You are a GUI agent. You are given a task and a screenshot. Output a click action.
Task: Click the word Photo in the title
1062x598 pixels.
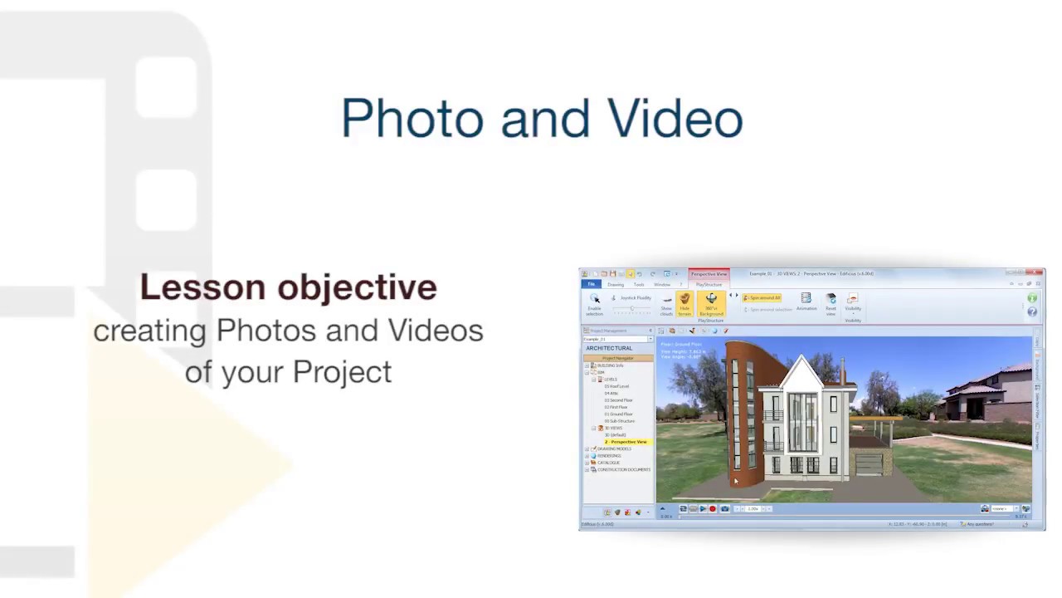pyautogui.click(x=412, y=119)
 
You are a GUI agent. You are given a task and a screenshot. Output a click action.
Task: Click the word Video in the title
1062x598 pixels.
pyautogui.click(x=675, y=119)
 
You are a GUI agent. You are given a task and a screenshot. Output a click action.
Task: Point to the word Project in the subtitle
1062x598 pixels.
pyautogui.click(x=341, y=371)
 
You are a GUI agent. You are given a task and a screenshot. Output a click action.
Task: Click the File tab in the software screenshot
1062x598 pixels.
pyautogui.click(x=592, y=285)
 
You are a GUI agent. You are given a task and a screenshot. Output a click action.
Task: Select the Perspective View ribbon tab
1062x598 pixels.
pyautogui.click(x=709, y=273)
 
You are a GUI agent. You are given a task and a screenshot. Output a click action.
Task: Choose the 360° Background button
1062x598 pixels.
pyautogui.click(x=711, y=304)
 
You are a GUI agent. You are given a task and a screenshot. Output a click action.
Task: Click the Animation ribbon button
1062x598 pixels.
pyautogui.click(x=806, y=301)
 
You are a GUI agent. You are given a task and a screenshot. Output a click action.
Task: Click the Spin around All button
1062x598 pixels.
pyautogui.click(x=762, y=297)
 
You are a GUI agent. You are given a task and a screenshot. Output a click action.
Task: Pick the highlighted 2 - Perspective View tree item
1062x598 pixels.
pyautogui.click(x=627, y=442)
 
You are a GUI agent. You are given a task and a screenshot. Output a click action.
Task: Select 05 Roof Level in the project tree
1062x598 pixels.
pyautogui.click(x=616, y=386)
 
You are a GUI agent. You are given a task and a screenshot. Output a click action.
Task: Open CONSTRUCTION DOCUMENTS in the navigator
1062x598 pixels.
pyautogui.click(x=623, y=470)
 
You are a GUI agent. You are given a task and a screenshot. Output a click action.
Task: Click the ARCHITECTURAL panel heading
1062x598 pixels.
pyautogui.click(x=609, y=348)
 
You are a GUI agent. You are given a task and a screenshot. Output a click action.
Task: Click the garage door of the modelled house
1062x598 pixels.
pyautogui.click(x=868, y=462)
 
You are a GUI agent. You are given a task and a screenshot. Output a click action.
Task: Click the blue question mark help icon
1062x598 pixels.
pyautogui.click(x=1032, y=311)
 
